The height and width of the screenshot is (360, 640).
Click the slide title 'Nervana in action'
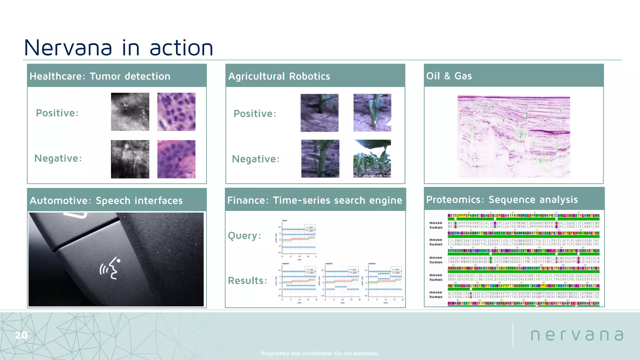pyautogui.click(x=118, y=48)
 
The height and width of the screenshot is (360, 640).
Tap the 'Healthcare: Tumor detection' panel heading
pyautogui.click(x=100, y=76)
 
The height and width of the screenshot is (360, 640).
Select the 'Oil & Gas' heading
pyautogui.click(x=449, y=76)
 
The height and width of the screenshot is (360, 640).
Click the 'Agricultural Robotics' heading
pyautogui.click(x=279, y=76)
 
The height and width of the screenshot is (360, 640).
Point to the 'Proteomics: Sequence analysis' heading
pyautogui.click(x=502, y=200)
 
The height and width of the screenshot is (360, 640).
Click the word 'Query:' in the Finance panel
pyautogui.click(x=244, y=236)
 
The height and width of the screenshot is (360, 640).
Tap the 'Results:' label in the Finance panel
pyautogui.click(x=247, y=281)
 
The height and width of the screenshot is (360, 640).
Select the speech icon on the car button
pyautogui.click(x=110, y=268)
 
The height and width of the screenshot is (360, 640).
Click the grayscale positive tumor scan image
pyautogui.click(x=130, y=112)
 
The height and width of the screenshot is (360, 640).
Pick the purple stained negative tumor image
pyautogui.click(x=176, y=159)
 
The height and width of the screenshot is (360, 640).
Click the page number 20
pyautogui.click(x=21, y=335)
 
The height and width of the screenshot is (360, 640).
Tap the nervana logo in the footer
pyautogui.click(x=577, y=335)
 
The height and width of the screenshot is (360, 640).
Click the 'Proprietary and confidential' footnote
pyautogui.click(x=320, y=353)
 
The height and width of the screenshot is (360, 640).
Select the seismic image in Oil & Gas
pyautogui.click(x=513, y=137)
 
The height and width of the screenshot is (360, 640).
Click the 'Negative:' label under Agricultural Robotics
pyautogui.click(x=256, y=159)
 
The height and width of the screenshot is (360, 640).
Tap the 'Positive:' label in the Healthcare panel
pyautogui.click(x=57, y=113)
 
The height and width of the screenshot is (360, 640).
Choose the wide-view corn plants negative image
pyautogui.click(x=372, y=159)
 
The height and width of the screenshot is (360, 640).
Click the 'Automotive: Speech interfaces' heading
pyautogui.click(x=106, y=201)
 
